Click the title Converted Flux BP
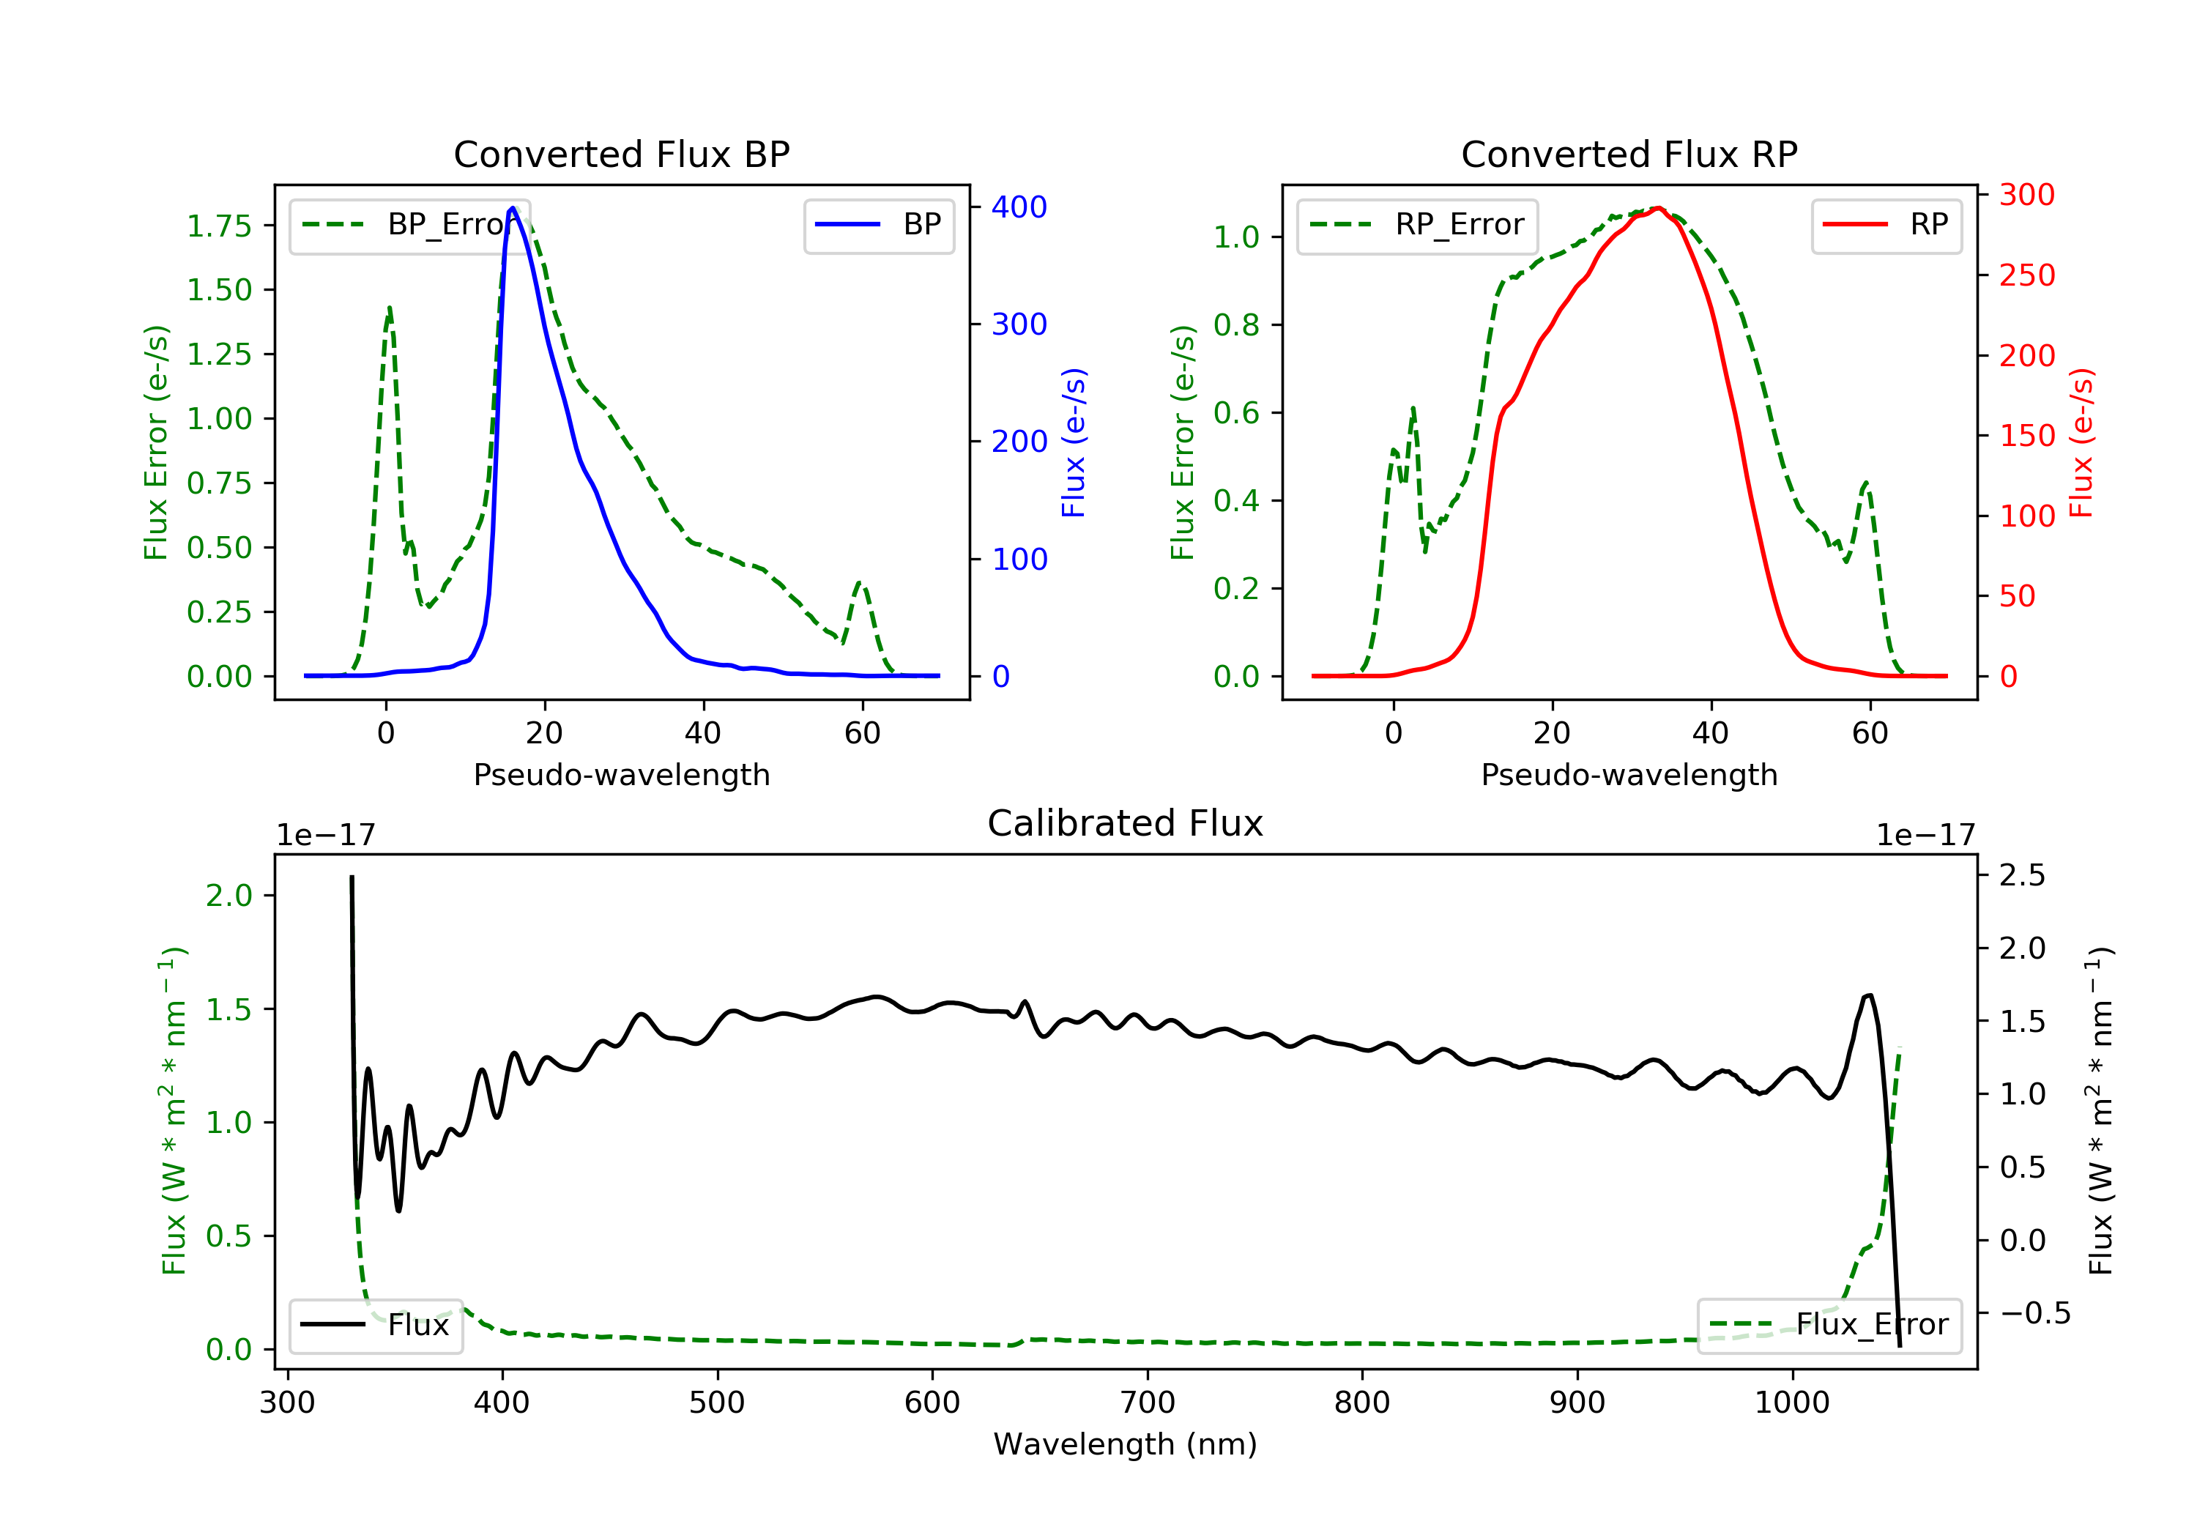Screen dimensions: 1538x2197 (621, 154)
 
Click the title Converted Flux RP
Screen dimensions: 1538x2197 (1629, 154)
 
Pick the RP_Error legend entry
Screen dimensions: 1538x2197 (1417, 225)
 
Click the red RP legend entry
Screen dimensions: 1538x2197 (1886, 225)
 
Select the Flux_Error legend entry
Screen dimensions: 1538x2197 (1829, 1325)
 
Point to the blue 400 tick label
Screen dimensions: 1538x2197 (1019, 207)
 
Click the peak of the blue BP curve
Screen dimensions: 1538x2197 (513, 208)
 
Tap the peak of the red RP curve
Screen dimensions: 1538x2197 (1658, 209)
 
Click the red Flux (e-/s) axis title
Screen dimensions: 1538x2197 (2081, 443)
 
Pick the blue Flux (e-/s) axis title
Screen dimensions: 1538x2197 (1074, 443)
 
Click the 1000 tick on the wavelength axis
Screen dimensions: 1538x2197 (1791, 1403)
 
